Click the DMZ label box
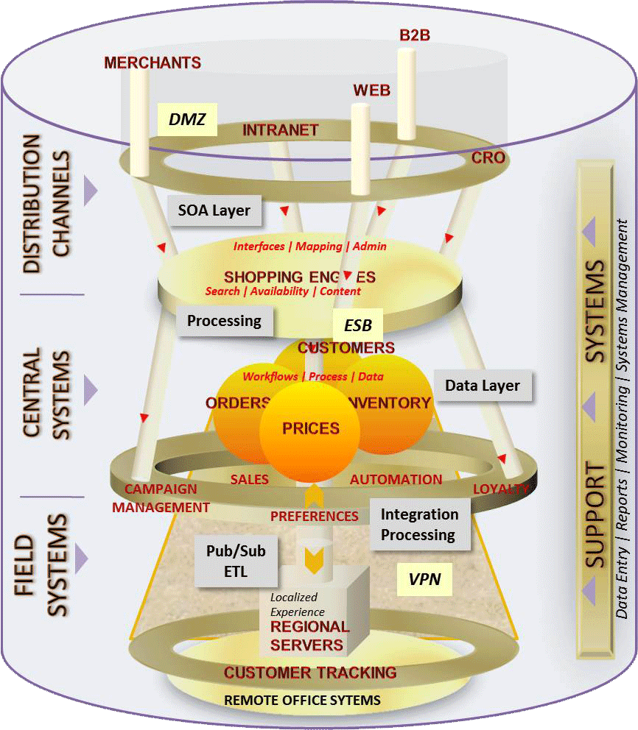click(187, 118)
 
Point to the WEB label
click(371, 91)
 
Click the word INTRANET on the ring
click(281, 130)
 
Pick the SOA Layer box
click(214, 210)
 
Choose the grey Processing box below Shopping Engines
click(224, 321)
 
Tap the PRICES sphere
click(311, 428)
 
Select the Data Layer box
click(483, 385)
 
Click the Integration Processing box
click(419, 524)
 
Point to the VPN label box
click(424, 579)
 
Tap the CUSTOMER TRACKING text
click(310, 672)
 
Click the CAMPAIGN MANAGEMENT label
click(161, 498)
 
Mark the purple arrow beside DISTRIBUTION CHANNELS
click(90, 190)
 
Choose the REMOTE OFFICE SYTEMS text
click(302, 700)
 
